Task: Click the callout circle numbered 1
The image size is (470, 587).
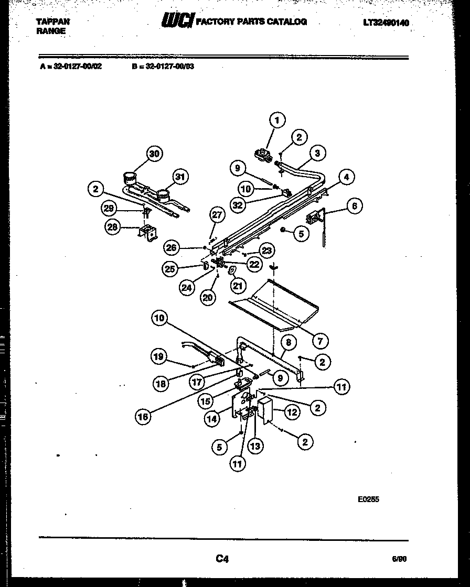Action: [x=277, y=120]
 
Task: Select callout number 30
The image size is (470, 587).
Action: [x=153, y=154]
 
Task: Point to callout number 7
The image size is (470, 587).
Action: [x=319, y=340]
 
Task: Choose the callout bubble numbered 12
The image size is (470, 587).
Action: [x=292, y=412]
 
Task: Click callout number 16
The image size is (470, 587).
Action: [x=143, y=417]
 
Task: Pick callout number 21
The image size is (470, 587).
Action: [x=238, y=285]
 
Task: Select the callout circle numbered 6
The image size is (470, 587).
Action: [x=354, y=206]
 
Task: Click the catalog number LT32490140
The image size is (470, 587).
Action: [x=386, y=23]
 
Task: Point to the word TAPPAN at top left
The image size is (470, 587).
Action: [x=52, y=22]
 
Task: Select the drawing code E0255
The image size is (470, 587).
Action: [x=368, y=499]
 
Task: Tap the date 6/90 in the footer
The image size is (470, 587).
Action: [x=399, y=559]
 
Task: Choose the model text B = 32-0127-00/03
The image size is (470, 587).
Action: [x=163, y=67]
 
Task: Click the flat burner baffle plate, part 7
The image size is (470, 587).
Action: [x=273, y=307]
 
